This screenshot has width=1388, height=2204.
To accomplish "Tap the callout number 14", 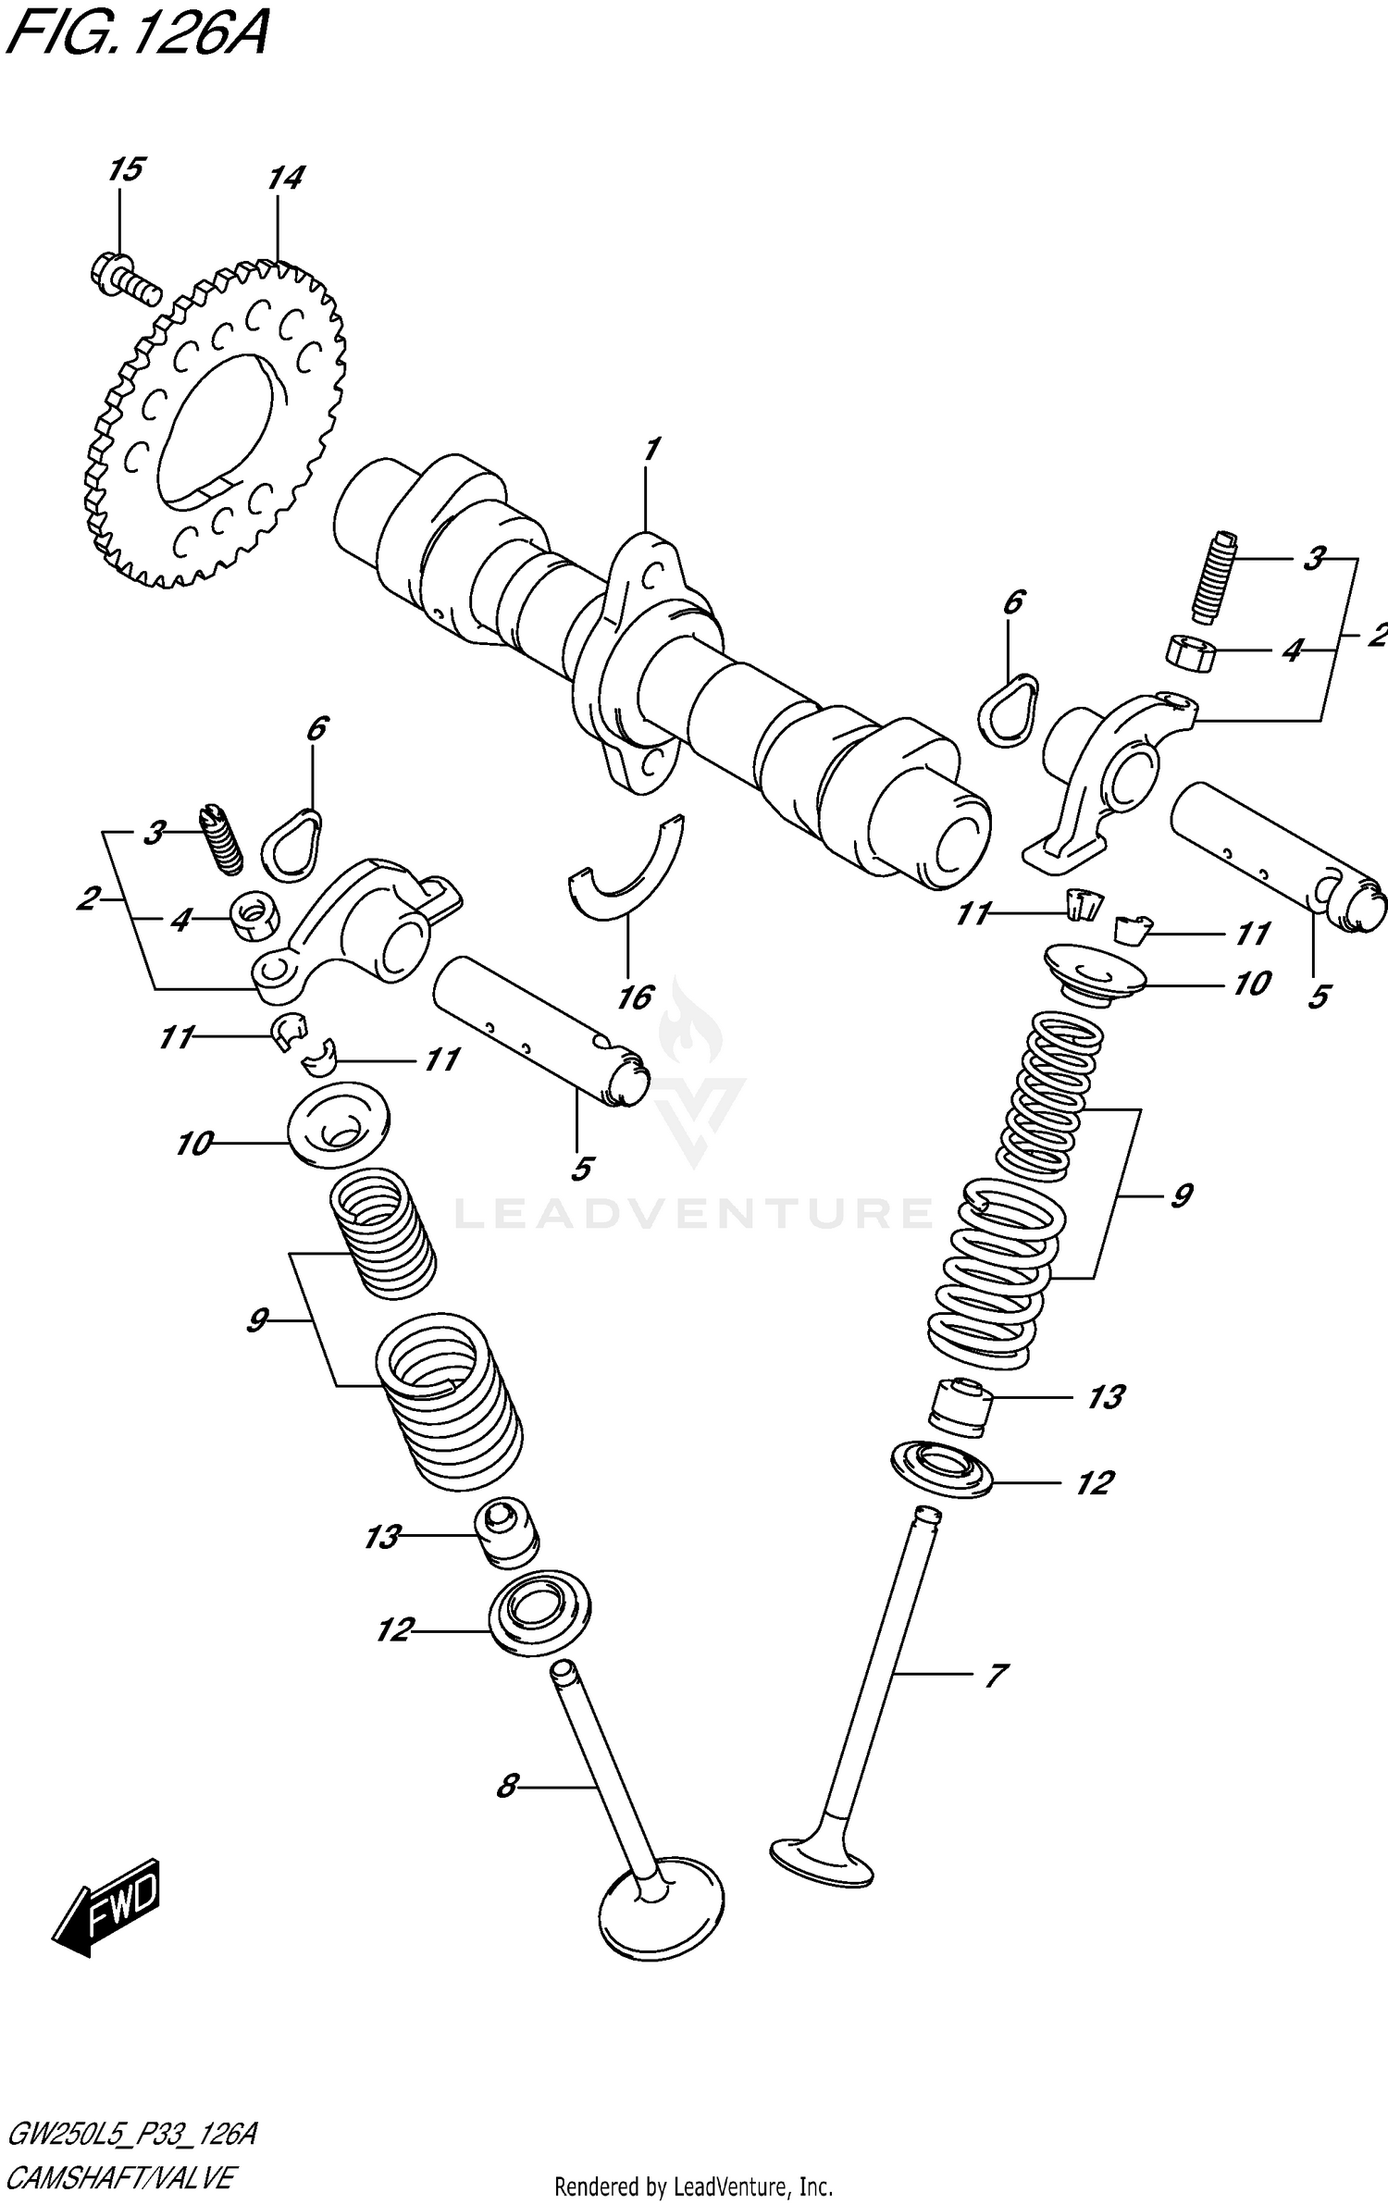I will tap(285, 179).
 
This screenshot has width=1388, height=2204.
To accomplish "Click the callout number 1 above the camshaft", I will tap(651, 451).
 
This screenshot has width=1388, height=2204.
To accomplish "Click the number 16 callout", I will tap(636, 997).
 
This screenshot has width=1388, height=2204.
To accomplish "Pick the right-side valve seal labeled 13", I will tap(960, 1408).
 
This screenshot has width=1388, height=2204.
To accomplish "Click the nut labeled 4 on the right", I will tap(1189, 653).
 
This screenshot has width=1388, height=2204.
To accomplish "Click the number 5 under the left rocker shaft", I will tap(580, 1169).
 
